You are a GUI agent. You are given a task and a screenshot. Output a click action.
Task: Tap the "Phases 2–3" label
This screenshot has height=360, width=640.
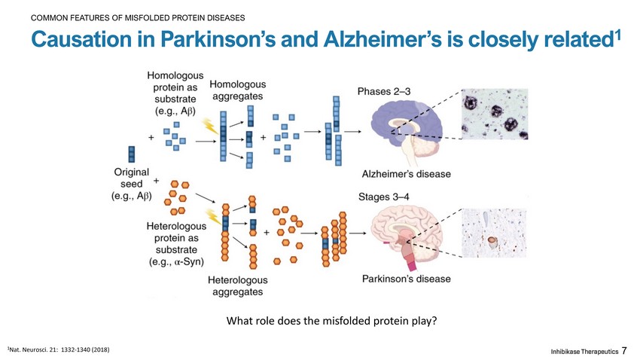[x=383, y=92]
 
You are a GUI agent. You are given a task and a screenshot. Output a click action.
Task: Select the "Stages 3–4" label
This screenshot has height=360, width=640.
[x=383, y=197]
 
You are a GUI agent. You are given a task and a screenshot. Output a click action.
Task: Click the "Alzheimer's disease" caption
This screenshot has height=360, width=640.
[x=407, y=174]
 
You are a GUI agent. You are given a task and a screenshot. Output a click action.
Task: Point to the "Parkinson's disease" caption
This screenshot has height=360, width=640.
[x=407, y=279]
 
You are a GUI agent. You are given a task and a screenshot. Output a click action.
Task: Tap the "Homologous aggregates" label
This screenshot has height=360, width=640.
[x=237, y=90]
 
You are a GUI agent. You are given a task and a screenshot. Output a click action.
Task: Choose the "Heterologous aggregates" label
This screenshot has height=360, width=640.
[x=236, y=285]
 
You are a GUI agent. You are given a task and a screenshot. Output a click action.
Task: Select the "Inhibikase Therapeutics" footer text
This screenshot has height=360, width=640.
[x=584, y=352]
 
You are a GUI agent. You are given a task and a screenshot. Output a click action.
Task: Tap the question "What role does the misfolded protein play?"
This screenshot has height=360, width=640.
[x=331, y=322]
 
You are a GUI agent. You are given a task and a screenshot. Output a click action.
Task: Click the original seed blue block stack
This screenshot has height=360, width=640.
[x=133, y=154]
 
